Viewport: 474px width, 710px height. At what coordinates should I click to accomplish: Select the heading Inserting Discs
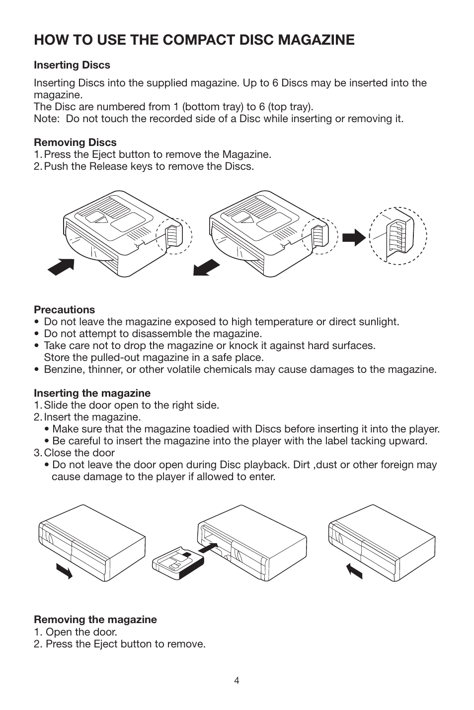click(x=72, y=65)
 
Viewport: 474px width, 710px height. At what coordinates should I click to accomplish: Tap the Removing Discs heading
click(x=75, y=142)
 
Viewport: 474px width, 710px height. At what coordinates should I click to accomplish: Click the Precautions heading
click(x=65, y=309)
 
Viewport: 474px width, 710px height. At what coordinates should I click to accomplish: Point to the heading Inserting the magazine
click(x=92, y=393)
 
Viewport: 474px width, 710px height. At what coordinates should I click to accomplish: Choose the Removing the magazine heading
click(x=95, y=619)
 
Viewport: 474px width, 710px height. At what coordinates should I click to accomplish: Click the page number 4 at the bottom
click(x=237, y=681)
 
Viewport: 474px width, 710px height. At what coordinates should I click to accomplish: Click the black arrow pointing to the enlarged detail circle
click(x=354, y=237)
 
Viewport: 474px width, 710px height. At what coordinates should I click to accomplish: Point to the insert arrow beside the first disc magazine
click(x=61, y=267)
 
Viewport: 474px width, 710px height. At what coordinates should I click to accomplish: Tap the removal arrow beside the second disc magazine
click(x=207, y=267)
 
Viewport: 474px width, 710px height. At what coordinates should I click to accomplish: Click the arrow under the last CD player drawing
click(x=354, y=571)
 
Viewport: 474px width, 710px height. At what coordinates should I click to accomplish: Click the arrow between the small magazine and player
click(x=208, y=548)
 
